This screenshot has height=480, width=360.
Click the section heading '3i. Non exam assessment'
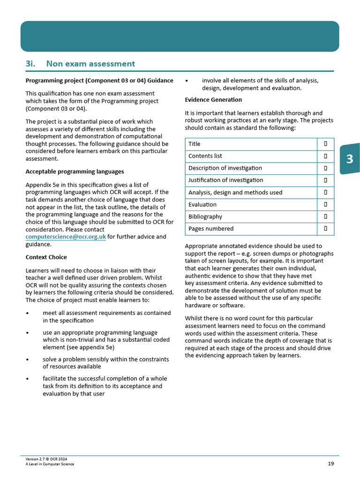click(80, 64)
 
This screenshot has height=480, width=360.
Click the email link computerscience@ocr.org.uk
click(66, 237)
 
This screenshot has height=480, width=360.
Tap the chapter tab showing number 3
click(349, 159)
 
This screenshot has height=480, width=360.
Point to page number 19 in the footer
click(331, 464)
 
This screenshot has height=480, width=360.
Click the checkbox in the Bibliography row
click(325, 217)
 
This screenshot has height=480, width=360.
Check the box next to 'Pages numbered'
click(325, 229)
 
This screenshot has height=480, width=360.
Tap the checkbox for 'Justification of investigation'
click(325, 180)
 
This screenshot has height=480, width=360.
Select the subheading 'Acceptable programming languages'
click(75, 172)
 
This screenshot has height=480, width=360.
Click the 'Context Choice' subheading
click(46, 257)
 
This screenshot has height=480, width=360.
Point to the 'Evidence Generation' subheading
click(213, 100)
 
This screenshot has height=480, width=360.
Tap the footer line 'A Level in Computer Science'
click(50, 464)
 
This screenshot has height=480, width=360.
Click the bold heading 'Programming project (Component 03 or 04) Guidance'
click(99, 81)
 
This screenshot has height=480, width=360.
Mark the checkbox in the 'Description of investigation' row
click(325, 168)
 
